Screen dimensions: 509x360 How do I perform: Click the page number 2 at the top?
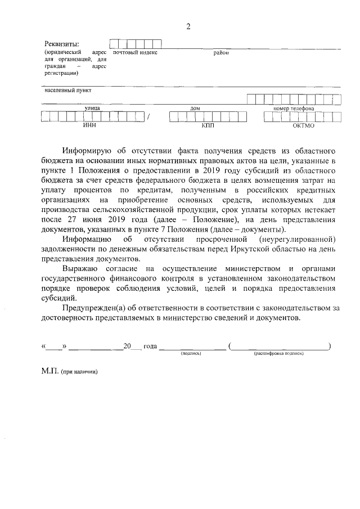(188, 27)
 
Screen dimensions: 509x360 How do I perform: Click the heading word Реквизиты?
(62, 44)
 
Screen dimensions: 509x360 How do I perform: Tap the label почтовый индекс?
(135, 52)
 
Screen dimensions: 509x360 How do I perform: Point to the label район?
(220, 52)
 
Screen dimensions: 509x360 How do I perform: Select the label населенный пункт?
(68, 89)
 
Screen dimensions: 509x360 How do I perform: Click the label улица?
(92, 108)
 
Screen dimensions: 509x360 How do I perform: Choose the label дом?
(195, 108)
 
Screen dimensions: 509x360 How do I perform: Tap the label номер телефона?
(294, 108)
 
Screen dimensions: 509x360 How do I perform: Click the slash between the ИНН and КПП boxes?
(148, 118)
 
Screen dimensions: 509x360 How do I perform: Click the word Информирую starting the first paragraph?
(87, 151)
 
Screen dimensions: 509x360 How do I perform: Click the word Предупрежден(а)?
(94, 307)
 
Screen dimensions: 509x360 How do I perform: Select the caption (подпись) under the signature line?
(191, 354)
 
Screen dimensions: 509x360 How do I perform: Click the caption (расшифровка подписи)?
(278, 354)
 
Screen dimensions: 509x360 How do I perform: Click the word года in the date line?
(151, 346)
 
